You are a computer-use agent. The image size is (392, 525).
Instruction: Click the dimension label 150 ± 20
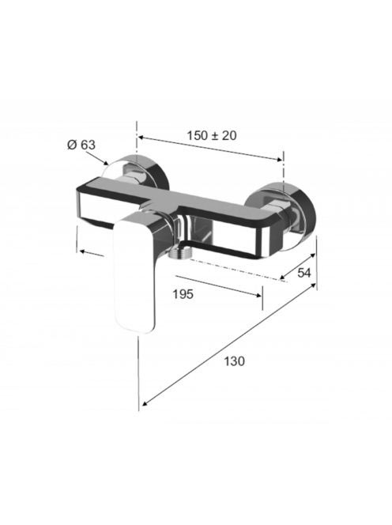tap(211, 136)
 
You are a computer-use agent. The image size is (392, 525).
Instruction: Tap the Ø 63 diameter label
tap(81, 145)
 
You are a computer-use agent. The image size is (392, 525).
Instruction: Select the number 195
tap(183, 294)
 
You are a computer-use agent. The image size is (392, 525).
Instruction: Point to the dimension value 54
tap(304, 273)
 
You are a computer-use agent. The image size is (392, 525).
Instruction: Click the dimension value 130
tap(234, 361)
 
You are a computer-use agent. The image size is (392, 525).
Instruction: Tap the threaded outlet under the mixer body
tap(181, 252)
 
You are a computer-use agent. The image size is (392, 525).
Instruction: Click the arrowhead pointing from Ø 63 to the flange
tap(105, 163)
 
